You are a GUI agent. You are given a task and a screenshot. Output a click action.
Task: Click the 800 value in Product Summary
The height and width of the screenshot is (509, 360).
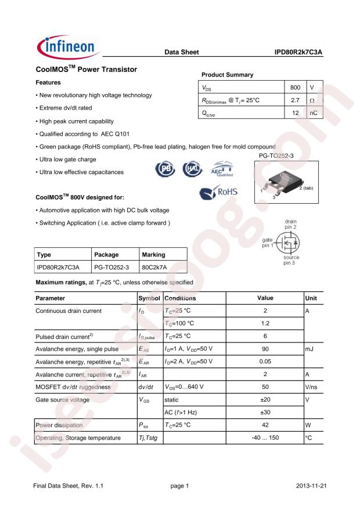click(x=295, y=88)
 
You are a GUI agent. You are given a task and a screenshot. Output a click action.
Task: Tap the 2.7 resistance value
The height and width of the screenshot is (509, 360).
click(x=295, y=100)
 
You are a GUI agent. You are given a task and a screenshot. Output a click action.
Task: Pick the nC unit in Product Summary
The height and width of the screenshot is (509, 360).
click(x=313, y=113)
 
